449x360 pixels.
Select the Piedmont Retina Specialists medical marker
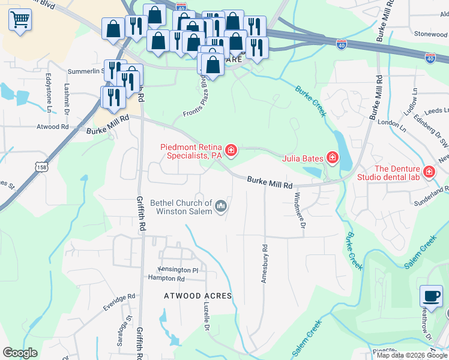pos(231,149)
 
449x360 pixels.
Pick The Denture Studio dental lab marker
pos(429,173)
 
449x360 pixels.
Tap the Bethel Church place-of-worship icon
pos(221,207)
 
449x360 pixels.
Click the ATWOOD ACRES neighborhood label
pos(197,296)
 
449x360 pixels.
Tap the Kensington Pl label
pos(178,270)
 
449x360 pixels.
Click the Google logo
pos(20,353)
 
